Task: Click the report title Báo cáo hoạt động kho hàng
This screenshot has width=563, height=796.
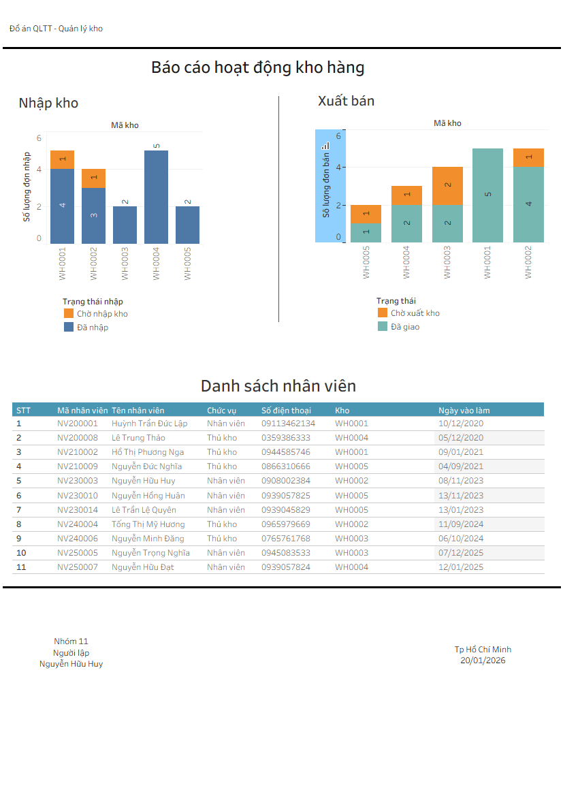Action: click(257, 67)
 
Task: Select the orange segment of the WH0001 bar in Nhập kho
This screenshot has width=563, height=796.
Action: click(62, 159)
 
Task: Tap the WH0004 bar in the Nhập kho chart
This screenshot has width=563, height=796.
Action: click(156, 197)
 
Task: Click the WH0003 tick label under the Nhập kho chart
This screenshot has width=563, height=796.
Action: click(125, 264)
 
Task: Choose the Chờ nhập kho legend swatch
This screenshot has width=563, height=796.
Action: click(68, 314)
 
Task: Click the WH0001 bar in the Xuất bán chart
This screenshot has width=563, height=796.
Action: click(487, 195)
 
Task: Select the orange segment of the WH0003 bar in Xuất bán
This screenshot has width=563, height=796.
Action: click(447, 186)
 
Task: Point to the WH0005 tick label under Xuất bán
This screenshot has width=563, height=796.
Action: click(366, 262)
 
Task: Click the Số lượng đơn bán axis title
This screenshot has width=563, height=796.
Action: click(326, 185)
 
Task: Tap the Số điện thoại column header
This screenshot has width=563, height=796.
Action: click(286, 411)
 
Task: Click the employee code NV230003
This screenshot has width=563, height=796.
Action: click(78, 481)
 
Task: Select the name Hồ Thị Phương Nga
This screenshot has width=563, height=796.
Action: click(148, 452)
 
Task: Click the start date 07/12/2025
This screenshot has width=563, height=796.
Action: click(461, 553)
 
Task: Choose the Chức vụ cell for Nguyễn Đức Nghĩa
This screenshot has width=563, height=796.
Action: click(222, 466)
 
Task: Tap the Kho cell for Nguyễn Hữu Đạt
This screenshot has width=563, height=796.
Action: click(351, 567)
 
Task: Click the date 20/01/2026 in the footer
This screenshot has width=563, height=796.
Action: click(483, 660)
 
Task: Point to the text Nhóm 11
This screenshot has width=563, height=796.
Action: click(71, 641)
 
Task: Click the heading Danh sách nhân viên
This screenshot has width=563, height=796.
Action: click(278, 386)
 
